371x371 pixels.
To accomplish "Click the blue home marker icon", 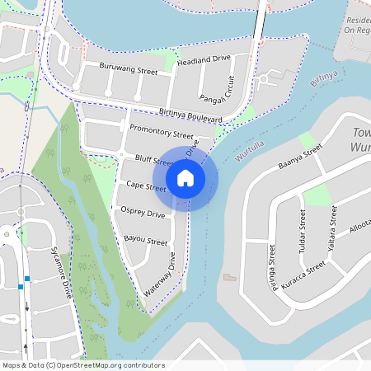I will click(x=185, y=178).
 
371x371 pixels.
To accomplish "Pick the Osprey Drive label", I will click(x=144, y=214).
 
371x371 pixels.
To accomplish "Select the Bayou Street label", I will click(x=145, y=241).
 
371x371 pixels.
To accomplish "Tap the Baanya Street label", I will click(x=300, y=158).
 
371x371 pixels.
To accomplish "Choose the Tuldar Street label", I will click(x=303, y=231).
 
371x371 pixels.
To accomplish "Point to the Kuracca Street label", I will click(x=303, y=273).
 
